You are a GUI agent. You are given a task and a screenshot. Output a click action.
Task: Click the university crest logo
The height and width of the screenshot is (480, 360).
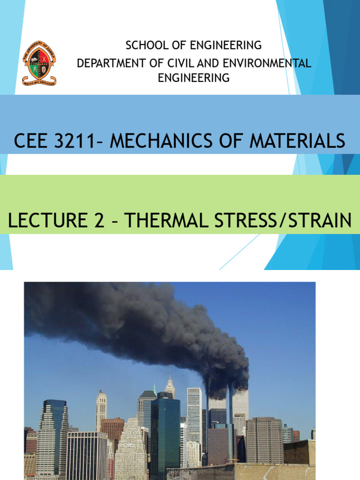pos(39,63)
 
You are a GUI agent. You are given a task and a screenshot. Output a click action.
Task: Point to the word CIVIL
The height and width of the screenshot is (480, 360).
pos(183,63)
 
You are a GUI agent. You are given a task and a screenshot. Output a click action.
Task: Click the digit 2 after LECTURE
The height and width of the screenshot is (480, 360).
pos(99,220)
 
